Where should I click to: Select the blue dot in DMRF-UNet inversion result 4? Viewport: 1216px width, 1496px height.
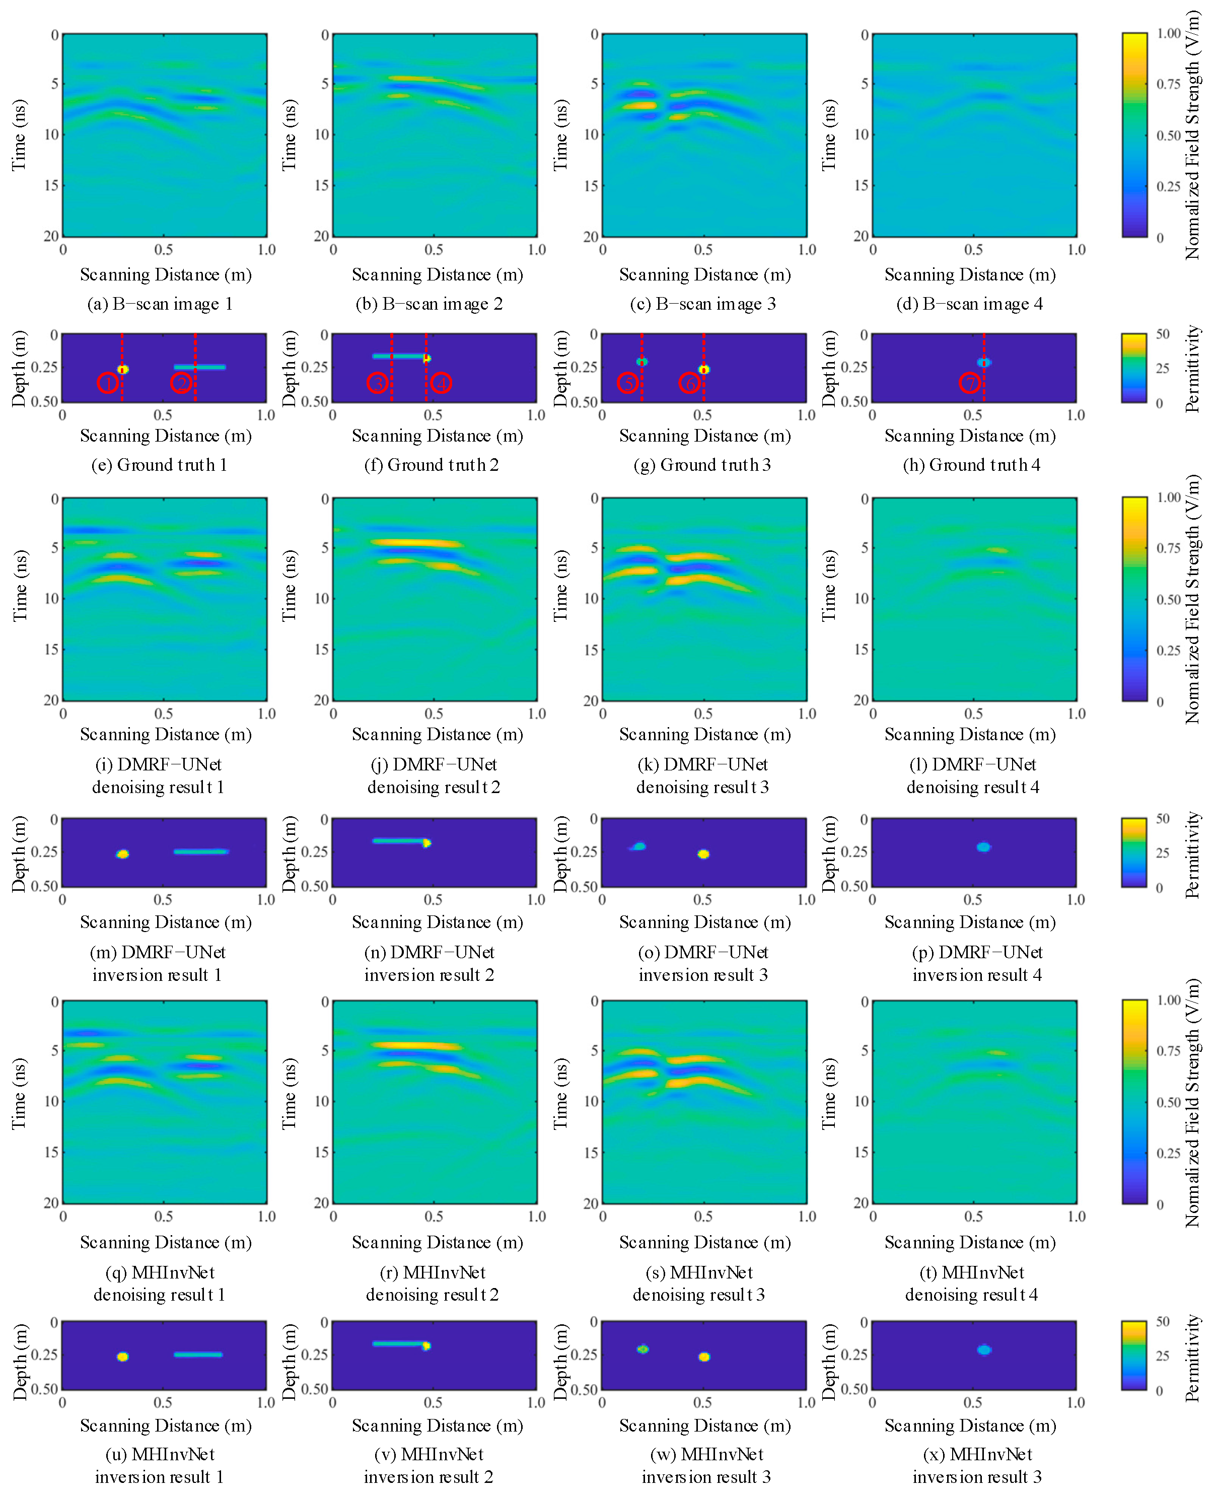point(983,847)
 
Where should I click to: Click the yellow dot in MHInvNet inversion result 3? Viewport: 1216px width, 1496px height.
point(704,1357)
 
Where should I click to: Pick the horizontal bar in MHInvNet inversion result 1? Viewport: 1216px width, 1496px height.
point(198,1355)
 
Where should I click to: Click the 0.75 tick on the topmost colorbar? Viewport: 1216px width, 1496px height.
point(1168,84)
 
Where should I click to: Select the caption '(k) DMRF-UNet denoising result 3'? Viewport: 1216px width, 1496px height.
point(702,775)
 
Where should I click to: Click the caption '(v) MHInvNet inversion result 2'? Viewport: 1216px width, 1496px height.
point(428,1465)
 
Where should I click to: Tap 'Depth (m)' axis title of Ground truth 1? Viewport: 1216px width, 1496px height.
point(19,369)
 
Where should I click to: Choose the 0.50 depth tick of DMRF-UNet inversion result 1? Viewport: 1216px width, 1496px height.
point(45,886)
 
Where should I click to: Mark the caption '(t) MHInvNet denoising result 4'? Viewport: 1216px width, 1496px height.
point(971,1283)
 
